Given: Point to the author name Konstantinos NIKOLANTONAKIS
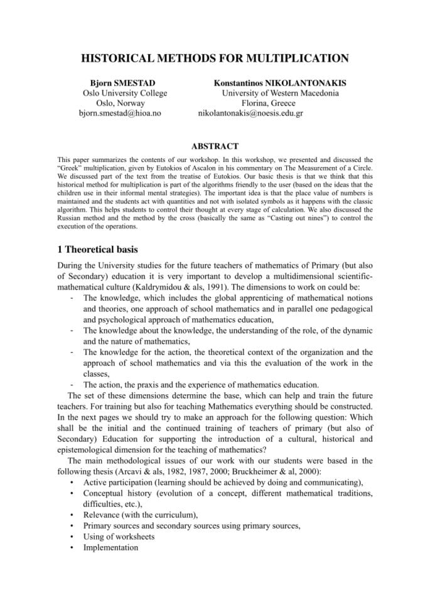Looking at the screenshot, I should pos(280,83).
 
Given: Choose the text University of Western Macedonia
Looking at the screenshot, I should pos(280,93).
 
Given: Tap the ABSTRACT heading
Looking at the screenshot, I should pos(214,146).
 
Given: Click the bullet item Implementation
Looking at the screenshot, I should pos(110,547).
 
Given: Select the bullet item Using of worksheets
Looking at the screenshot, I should pos(119,537).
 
